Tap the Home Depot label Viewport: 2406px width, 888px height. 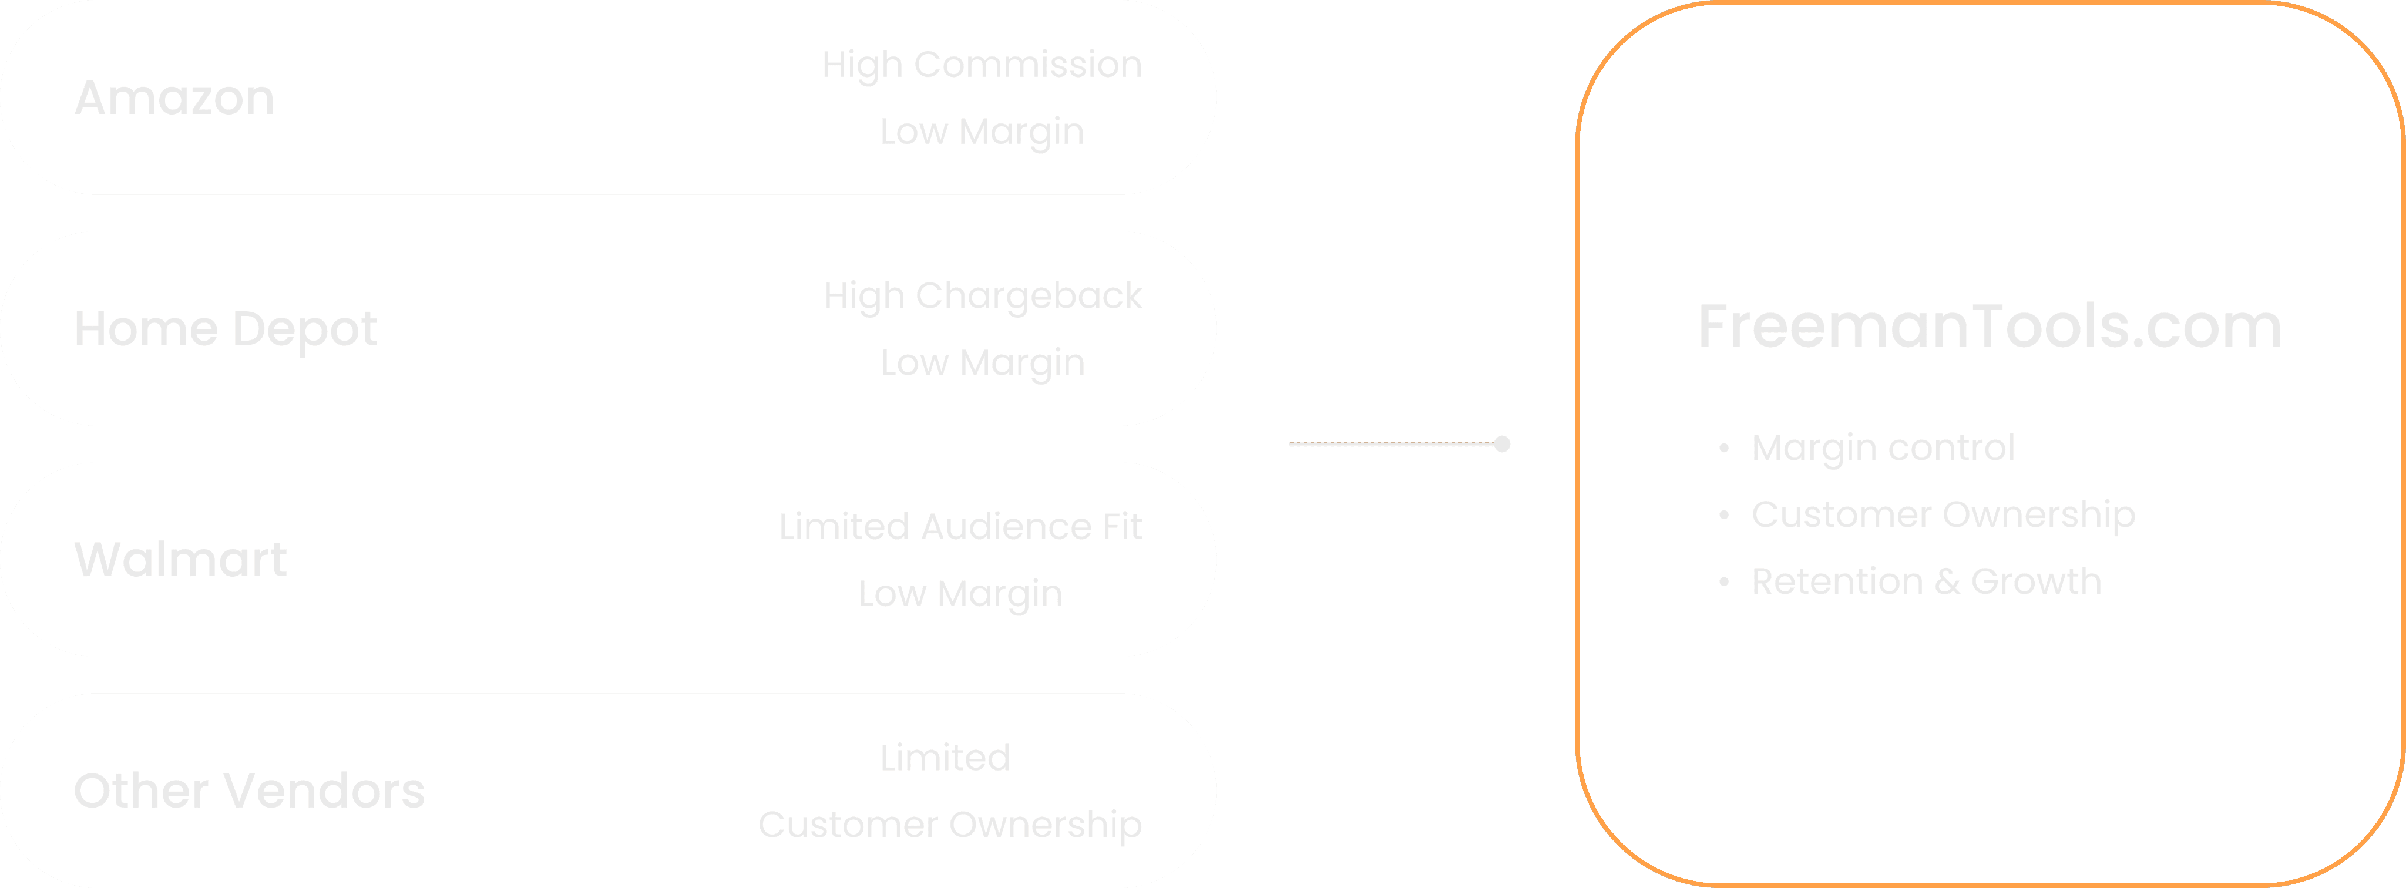click(225, 329)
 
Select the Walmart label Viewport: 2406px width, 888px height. click(180, 559)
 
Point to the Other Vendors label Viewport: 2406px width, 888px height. click(248, 791)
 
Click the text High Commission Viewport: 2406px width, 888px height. click(982, 65)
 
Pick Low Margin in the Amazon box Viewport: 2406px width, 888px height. click(982, 132)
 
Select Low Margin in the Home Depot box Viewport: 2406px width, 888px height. click(983, 362)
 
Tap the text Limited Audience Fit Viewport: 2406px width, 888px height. click(960, 527)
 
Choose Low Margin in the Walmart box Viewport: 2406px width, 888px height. click(960, 594)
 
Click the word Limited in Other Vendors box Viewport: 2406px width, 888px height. click(945, 757)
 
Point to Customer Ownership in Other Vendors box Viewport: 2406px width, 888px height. click(950, 825)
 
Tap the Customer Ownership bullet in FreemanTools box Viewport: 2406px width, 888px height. click(1943, 514)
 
